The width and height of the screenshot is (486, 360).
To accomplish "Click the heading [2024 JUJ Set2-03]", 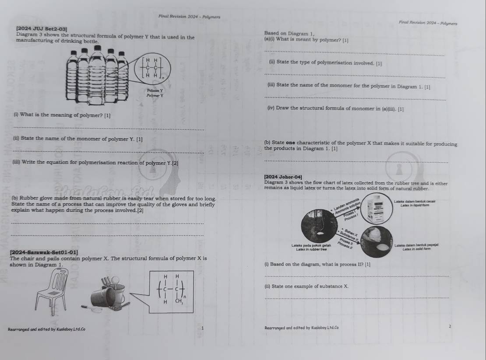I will [41, 28].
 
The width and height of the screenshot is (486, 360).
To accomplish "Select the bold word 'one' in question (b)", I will [291, 143].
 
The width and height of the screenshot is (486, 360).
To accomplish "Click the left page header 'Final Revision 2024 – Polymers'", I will [189, 17].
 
